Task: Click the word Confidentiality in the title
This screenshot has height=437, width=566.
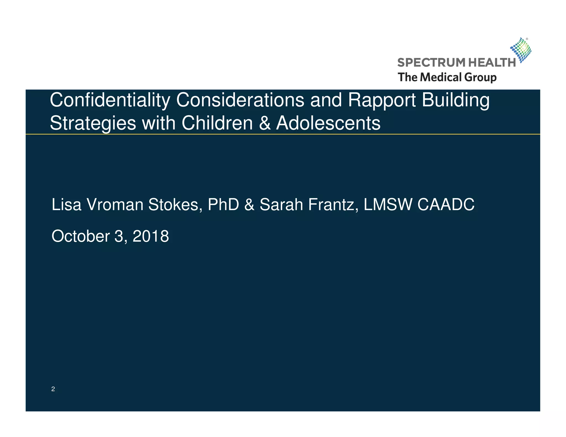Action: click(x=110, y=101)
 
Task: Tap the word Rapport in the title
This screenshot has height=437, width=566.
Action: click(x=382, y=101)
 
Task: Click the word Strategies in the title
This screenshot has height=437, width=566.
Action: click(x=93, y=123)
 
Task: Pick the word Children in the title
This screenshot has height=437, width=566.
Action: click(x=217, y=123)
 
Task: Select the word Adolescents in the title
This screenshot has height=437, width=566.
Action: click(x=328, y=123)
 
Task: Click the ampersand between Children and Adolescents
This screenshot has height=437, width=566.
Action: click(x=264, y=123)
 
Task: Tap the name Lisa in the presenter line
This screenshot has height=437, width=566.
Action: click(x=66, y=205)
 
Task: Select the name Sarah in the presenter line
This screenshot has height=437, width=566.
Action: click(x=281, y=205)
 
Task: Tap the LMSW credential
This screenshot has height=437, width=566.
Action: click(x=387, y=205)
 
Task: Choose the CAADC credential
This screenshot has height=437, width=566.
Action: click(x=446, y=205)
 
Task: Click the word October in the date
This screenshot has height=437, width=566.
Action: click(x=81, y=236)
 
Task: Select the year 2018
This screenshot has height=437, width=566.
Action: click(x=151, y=236)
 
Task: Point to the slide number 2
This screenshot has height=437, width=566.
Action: click(x=53, y=389)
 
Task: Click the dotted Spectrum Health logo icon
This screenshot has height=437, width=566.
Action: click(x=521, y=50)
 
